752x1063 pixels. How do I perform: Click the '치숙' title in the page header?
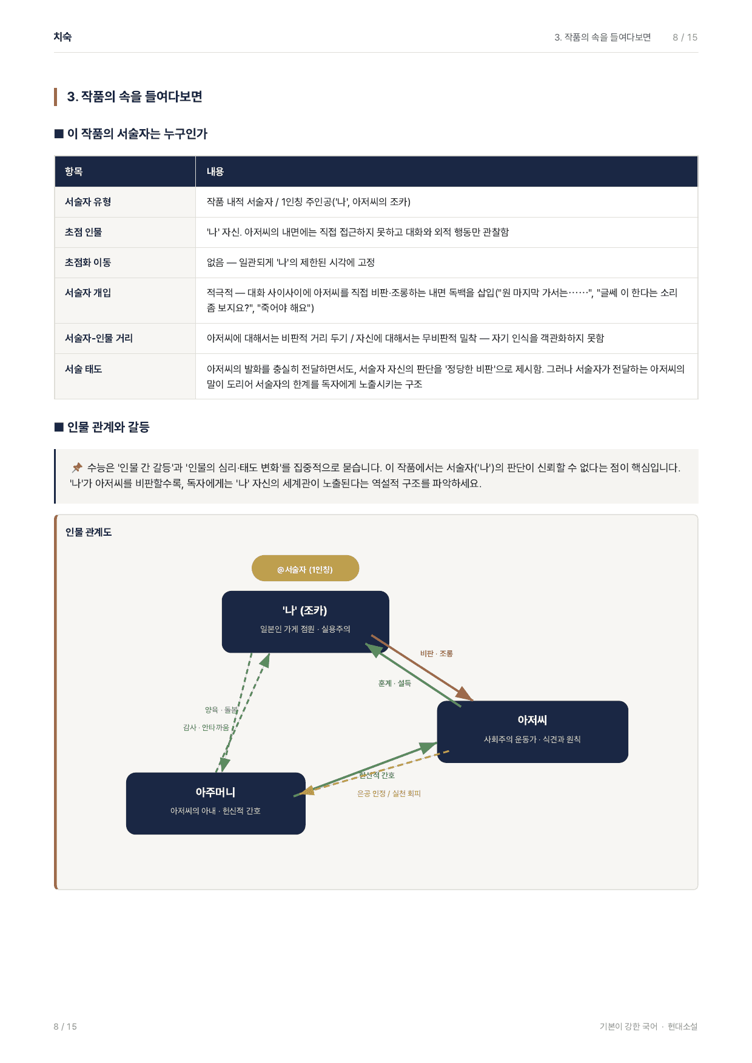coord(62,37)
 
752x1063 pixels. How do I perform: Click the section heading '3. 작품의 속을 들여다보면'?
coord(135,97)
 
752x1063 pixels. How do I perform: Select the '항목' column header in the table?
coord(74,172)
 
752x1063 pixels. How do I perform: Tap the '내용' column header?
coord(215,172)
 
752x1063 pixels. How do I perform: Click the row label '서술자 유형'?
coord(88,202)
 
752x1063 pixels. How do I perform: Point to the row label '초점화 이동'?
coord(88,262)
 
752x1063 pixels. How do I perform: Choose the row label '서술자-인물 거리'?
coord(99,338)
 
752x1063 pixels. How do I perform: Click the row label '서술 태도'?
coord(84,369)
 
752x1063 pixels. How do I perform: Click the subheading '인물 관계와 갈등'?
coord(109,427)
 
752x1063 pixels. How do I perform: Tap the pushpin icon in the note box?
coord(77,467)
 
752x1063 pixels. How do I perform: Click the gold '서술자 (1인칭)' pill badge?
coord(306,568)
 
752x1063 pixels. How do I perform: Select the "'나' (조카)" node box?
coord(306,622)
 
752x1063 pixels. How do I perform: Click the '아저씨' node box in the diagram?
coord(532,731)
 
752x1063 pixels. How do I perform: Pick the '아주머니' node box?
coord(216,803)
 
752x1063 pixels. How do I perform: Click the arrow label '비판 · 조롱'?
coord(437,654)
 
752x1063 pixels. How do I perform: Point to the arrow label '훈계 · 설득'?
coord(395,683)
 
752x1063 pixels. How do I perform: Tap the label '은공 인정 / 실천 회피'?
coord(389,793)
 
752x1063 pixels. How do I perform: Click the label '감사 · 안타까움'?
coord(206,727)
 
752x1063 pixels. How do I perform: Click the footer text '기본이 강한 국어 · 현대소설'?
coord(648,1026)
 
